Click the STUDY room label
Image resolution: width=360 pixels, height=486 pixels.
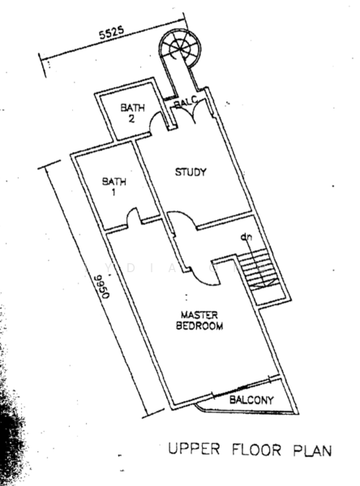191,172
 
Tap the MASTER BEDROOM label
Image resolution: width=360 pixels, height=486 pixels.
199,321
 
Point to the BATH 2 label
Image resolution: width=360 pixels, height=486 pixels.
132,113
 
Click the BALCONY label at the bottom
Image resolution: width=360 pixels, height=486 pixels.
251,400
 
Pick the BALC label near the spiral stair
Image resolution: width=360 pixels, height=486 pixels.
186,102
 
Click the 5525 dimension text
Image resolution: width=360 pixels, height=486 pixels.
111,33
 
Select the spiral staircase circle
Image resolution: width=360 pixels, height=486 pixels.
180,49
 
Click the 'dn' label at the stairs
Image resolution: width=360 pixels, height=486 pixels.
246,237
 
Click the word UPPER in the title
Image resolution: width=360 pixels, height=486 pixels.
194,449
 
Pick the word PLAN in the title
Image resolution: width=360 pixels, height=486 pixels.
312,450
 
